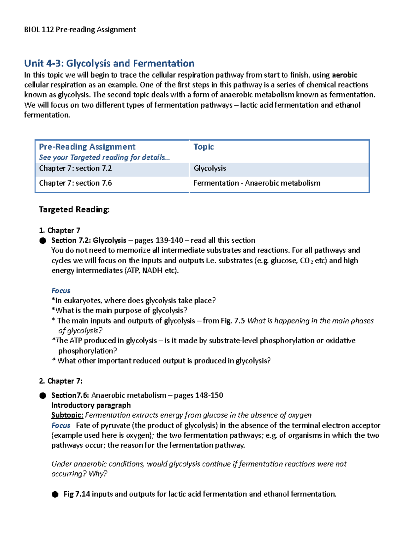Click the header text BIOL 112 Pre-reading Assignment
pos(80,30)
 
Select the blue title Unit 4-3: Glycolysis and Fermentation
pos(109,63)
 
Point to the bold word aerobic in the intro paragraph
pos(344,75)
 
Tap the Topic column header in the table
pos(203,147)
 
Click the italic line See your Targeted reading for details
pos(104,157)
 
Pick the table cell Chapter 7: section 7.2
pos(75,169)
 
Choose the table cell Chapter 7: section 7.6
pos(75,183)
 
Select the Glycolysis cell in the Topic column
pos(210,169)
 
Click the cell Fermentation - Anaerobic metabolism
pos(257,183)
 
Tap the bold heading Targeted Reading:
pos(74,209)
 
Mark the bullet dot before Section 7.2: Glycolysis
pos(43,241)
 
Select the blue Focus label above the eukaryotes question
pos(61,291)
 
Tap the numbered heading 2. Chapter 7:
pos(61,381)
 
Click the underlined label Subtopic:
pos(67,415)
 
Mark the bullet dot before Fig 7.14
pos(55,494)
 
